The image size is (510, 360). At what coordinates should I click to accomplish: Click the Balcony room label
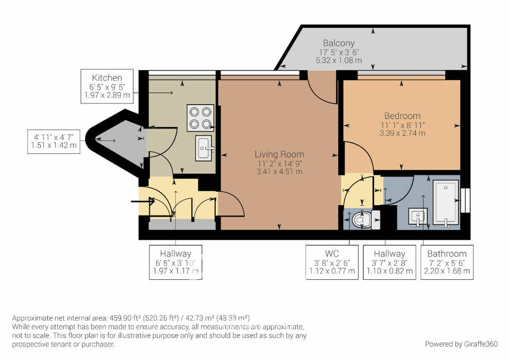pos(339,43)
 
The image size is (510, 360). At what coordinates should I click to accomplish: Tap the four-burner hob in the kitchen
pos(200,118)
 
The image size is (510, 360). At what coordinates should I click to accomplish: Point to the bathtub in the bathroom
pos(446,203)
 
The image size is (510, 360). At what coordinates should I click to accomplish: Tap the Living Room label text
pos(279,154)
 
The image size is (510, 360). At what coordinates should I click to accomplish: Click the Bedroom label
pos(402,116)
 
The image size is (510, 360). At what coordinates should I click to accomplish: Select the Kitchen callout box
pos(107,86)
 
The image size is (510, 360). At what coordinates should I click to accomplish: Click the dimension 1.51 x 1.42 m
pos(54,145)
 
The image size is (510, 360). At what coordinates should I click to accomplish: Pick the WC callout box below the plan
pos(332,262)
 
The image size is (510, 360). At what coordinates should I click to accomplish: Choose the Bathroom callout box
pos(447,262)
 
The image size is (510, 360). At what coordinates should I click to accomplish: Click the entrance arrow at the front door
pos(143,202)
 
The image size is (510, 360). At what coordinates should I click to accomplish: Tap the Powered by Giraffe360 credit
pos(461,344)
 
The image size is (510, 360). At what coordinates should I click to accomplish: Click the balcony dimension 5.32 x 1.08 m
pos(339,61)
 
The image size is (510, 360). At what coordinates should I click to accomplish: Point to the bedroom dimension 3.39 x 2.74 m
pos(402,133)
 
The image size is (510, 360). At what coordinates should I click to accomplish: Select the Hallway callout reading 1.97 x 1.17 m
pos(175,262)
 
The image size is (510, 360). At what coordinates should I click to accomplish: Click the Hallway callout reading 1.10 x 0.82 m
pos(390,262)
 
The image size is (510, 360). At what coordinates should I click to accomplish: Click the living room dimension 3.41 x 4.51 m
pos(279,172)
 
